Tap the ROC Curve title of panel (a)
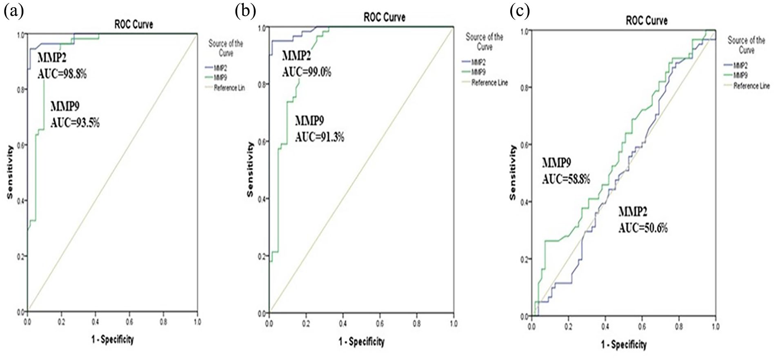click(133, 24)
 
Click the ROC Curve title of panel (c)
click(647, 20)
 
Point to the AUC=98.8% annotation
click(62, 74)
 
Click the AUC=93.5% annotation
click(75, 122)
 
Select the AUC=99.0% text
click(307, 72)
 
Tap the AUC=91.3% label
click(320, 137)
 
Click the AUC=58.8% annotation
click(566, 179)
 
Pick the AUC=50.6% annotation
click(643, 228)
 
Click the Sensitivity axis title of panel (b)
click(250, 169)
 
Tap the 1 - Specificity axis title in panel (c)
click(623, 345)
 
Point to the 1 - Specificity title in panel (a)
click(112, 339)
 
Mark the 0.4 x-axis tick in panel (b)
click(343, 324)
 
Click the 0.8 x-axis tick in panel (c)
click(678, 327)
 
